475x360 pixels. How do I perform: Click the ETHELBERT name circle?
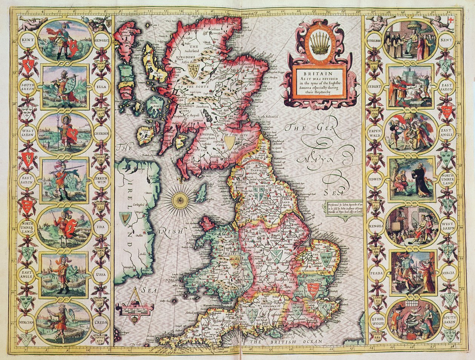point(374,40)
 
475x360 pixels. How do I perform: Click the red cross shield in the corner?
point(449,20)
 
